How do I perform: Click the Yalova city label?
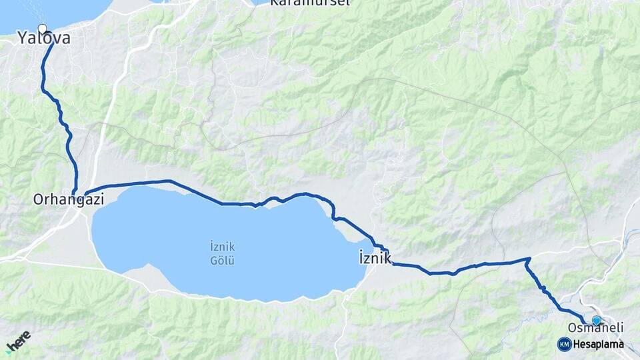point(44,39)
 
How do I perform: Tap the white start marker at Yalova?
point(43,29)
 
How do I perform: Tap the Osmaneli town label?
point(595,327)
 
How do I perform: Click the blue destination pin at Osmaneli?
point(596,320)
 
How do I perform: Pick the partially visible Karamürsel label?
point(301,3)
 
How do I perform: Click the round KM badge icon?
point(564,344)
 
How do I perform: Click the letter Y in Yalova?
point(23,39)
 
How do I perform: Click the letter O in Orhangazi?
point(38,199)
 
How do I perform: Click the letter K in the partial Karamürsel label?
point(274,3)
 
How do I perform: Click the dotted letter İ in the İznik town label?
point(361,257)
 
